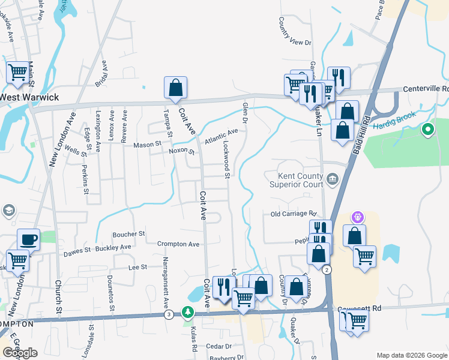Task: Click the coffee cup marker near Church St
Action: pos(28,239)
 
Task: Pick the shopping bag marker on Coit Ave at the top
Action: pos(175,88)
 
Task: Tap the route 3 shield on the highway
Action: pos(169,314)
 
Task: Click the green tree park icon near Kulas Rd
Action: pos(188,313)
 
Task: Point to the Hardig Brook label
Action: pos(393,126)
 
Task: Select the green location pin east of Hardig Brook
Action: pos(427,129)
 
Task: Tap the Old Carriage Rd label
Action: pos(293,214)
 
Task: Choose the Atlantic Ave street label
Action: pos(221,136)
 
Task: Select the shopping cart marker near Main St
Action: pos(17,72)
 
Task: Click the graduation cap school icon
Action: pos(8,211)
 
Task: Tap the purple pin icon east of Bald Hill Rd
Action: pos(358,215)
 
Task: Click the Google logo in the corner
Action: pos(20,353)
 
